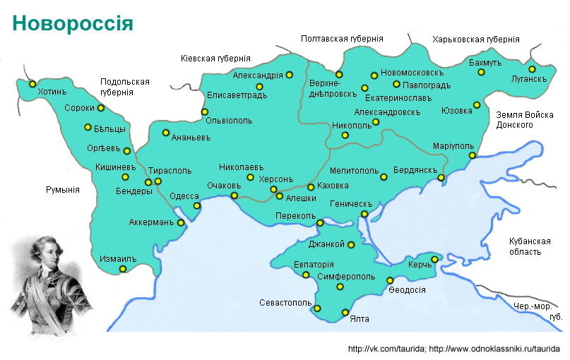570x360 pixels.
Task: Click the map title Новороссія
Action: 73,24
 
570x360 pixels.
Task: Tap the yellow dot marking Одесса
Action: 197,206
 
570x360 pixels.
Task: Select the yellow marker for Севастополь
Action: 317,308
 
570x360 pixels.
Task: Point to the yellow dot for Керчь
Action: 434,259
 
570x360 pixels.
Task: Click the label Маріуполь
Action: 453,145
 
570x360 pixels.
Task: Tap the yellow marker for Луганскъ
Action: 532,68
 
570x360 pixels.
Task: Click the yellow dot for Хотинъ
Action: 32,83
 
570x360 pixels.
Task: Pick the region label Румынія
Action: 62,190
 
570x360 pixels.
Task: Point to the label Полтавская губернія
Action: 342,39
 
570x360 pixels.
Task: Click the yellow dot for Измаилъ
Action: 123,269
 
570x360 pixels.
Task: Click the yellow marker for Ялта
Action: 345,312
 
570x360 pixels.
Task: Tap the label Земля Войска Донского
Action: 524,119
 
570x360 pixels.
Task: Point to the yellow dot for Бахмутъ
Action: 481,72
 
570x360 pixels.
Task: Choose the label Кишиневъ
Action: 115,167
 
